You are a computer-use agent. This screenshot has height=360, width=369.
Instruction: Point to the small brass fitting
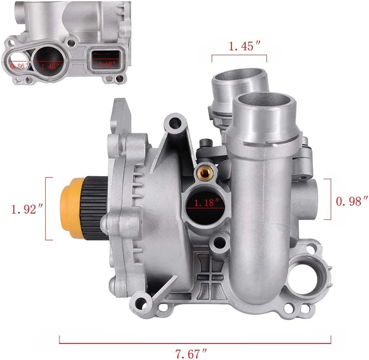206,171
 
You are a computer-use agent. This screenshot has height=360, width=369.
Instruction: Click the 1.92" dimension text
26,209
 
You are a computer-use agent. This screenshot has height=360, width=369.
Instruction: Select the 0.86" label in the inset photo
17,66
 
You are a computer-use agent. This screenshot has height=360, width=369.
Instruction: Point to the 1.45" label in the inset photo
51,66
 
